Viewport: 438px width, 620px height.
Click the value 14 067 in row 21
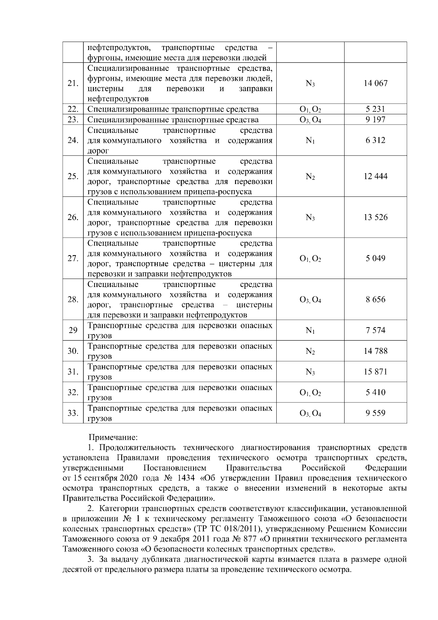point(375,83)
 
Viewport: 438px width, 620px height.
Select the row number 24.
point(73,141)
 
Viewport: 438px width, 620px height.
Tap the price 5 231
point(375,109)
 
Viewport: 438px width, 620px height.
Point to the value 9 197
point(375,120)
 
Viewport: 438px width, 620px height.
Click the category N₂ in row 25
point(310,177)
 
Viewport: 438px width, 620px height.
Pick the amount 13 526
point(375,218)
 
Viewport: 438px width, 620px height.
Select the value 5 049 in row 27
point(375,259)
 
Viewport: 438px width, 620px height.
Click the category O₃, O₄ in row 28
point(310,300)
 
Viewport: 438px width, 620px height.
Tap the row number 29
point(73,330)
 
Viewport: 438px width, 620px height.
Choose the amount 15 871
point(375,372)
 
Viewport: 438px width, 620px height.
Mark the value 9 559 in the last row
point(375,413)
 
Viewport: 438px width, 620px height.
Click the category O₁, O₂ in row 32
point(310,393)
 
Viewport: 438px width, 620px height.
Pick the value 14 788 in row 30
point(375,351)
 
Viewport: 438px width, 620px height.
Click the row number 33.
point(73,413)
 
